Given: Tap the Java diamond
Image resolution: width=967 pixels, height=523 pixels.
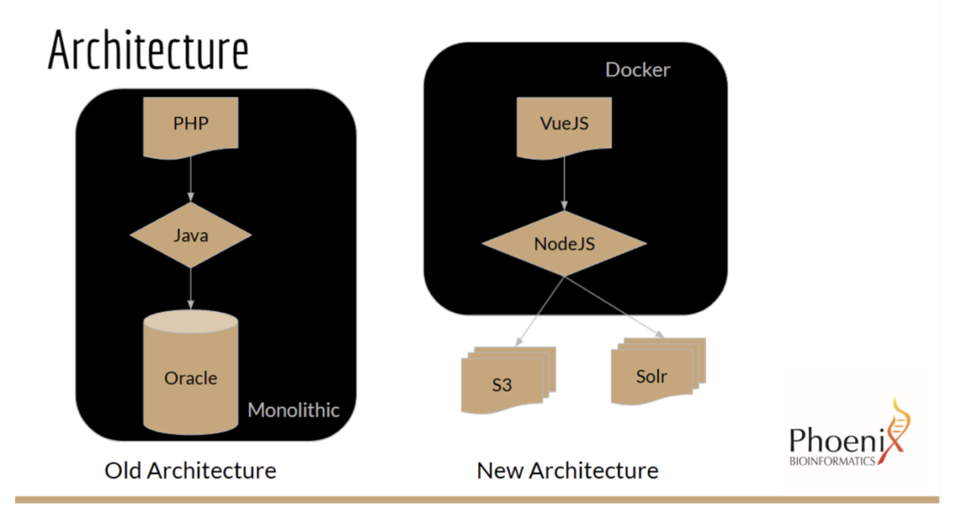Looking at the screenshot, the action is [x=191, y=235].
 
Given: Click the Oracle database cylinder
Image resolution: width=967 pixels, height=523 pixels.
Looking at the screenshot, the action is [x=191, y=371].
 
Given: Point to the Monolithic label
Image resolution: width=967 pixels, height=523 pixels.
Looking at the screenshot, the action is [x=293, y=410].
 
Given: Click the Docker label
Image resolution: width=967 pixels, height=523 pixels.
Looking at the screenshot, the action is [x=637, y=69].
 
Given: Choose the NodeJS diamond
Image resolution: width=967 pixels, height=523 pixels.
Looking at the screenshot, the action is [x=564, y=243].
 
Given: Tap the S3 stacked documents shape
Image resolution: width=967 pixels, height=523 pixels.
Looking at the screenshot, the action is [x=508, y=380].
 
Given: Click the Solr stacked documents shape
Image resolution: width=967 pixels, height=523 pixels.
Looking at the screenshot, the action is [x=658, y=371].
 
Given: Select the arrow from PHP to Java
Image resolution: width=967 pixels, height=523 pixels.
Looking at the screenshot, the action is [x=191, y=179].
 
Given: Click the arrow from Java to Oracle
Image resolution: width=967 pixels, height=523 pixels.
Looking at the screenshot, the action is [x=191, y=288].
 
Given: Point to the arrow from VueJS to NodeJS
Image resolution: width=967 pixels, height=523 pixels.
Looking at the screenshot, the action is [x=564, y=184].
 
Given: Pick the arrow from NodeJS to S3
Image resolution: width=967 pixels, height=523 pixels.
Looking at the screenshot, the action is [x=540, y=311].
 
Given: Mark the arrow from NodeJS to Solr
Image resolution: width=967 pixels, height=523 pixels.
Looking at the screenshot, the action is [x=614, y=307].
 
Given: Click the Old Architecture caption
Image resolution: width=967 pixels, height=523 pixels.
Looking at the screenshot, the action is [x=190, y=471].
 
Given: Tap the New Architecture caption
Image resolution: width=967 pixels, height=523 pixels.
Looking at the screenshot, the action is [x=567, y=471].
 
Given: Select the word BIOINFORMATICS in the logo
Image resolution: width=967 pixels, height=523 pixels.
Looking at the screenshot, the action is [x=832, y=461].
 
